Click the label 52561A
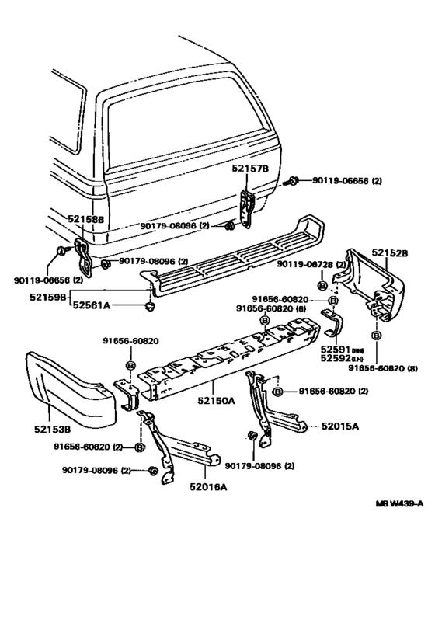(92, 306)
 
